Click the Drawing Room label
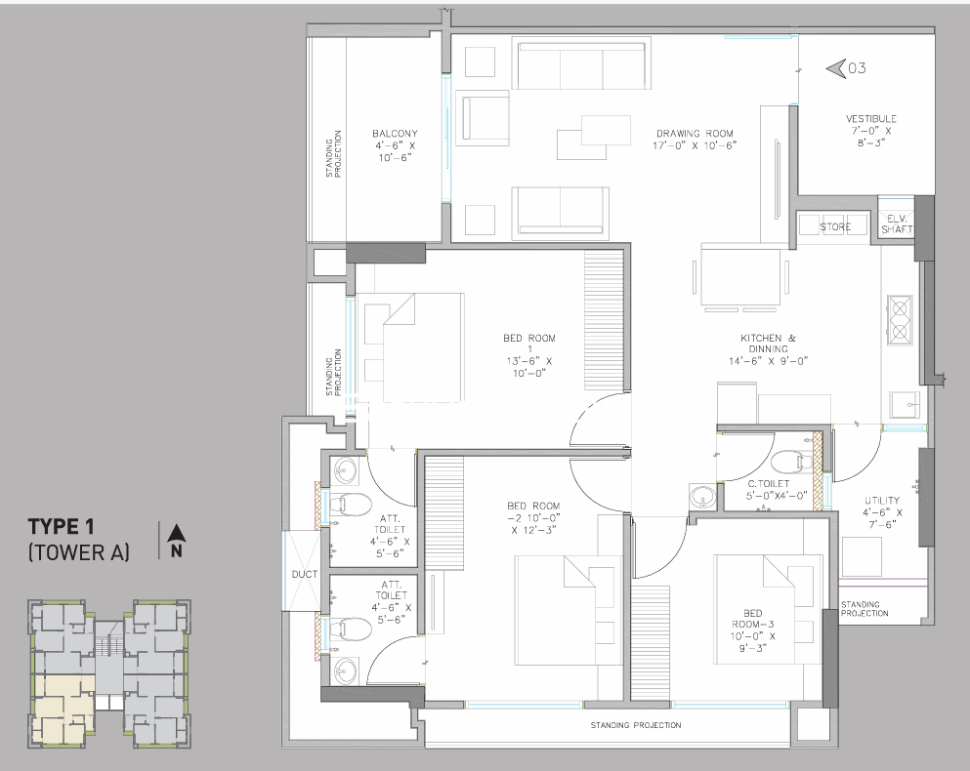click(x=695, y=140)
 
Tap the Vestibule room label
click(x=871, y=130)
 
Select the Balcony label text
click(x=395, y=145)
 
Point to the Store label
click(x=835, y=227)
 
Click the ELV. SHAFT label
click(x=897, y=223)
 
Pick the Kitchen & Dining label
click(x=769, y=349)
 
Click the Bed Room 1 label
click(x=529, y=355)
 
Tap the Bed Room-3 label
click(x=753, y=630)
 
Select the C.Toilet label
click(x=769, y=489)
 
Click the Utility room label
click(x=883, y=512)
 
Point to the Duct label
click(x=305, y=575)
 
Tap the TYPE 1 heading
click(x=61, y=526)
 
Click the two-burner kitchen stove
click(x=900, y=320)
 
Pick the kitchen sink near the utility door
click(x=906, y=405)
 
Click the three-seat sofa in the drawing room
click(x=581, y=65)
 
